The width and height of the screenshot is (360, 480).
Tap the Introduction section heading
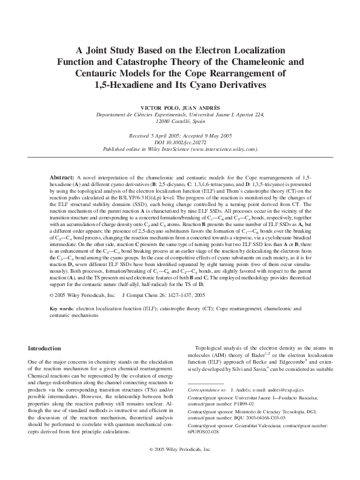click(x=48, y=349)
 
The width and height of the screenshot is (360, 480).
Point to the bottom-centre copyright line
click(x=180, y=467)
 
